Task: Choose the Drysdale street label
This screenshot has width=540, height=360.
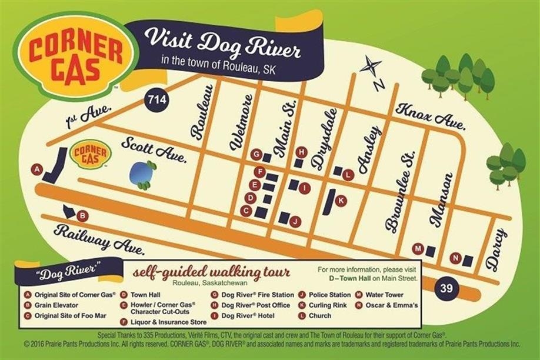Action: coord(325,139)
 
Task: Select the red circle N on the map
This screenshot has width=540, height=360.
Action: coord(455,258)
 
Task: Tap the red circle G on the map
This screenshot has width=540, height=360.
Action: coord(255,155)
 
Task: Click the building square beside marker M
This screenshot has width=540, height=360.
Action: coord(431,251)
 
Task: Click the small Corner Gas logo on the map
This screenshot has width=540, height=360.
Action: coord(91,154)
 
